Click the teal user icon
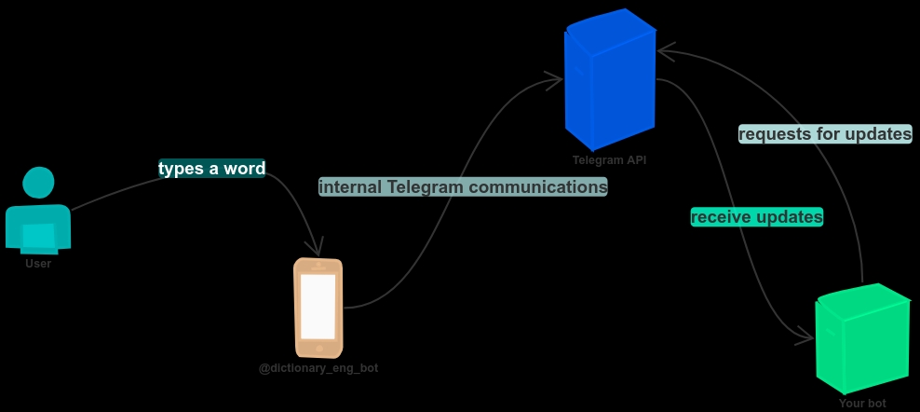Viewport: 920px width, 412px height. tap(38, 213)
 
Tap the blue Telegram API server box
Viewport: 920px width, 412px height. tap(610, 82)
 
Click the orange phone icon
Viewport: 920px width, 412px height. tap(318, 308)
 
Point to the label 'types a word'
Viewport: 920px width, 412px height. tap(212, 169)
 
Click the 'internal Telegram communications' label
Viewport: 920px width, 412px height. tap(463, 186)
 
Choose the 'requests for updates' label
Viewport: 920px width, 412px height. tap(824, 134)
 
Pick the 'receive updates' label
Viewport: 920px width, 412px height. tap(756, 217)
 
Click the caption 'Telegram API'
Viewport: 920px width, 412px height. tap(609, 160)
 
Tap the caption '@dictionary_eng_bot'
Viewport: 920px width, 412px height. tap(318, 368)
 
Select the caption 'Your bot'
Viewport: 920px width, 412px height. tap(862, 404)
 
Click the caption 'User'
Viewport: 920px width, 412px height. tap(38, 264)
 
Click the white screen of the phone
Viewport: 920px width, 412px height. tap(318, 306)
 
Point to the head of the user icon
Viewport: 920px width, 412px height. tap(38, 183)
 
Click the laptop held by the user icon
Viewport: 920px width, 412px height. tap(39, 238)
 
